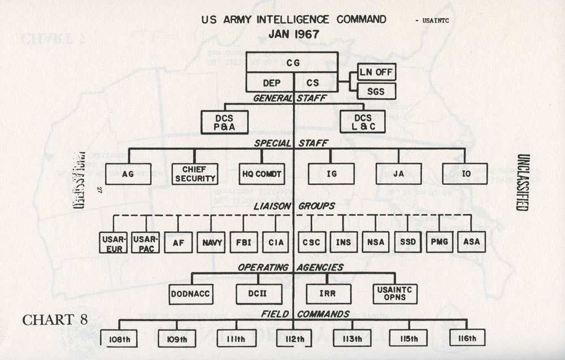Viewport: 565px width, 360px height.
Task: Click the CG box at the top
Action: click(292, 63)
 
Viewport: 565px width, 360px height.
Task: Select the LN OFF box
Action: click(376, 72)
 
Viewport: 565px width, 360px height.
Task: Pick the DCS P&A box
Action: click(224, 122)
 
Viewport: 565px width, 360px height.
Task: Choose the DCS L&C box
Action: click(363, 122)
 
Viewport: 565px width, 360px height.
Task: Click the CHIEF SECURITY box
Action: click(194, 174)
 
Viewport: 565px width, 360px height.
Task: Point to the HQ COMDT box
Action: click(260, 174)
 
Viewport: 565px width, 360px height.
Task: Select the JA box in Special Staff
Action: click(398, 174)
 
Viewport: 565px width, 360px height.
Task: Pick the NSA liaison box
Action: click(375, 242)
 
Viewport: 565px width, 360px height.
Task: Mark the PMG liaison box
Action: click(440, 242)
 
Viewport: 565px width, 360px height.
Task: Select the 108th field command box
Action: click(119, 339)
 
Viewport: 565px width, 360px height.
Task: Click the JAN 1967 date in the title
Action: click(293, 33)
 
